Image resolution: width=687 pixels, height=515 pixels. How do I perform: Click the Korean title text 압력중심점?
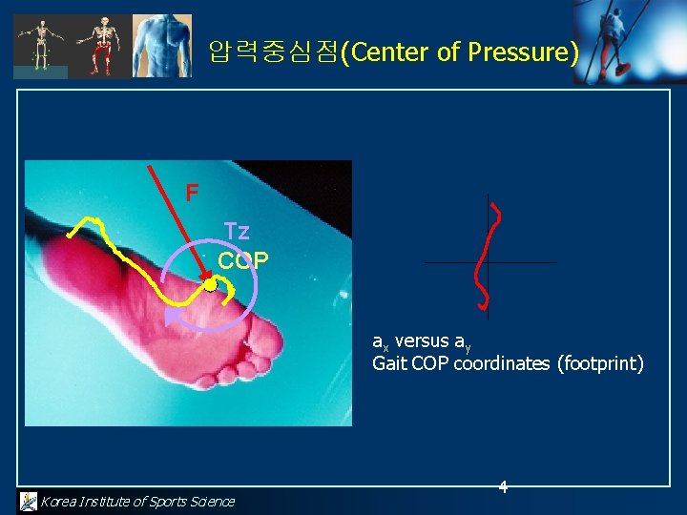point(273,52)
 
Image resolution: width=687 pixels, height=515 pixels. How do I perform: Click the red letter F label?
point(192,194)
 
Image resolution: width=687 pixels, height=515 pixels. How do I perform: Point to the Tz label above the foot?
point(237,232)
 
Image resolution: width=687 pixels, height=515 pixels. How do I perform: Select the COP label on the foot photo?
point(242,260)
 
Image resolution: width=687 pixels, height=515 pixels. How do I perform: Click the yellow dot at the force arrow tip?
point(210,284)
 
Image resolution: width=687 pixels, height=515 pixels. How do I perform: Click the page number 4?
point(503,487)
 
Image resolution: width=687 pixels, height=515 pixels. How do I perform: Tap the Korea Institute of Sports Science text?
point(136,502)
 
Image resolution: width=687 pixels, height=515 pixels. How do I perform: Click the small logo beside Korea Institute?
point(29,501)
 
